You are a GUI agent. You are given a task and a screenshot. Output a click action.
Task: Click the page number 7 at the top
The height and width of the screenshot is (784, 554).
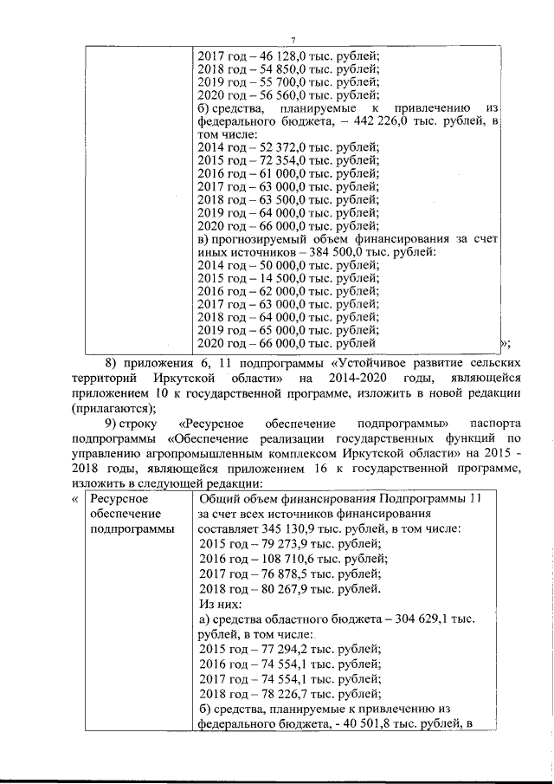[x=293, y=41]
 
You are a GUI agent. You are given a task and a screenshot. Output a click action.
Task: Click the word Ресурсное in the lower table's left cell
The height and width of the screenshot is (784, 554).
[x=119, y=499]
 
